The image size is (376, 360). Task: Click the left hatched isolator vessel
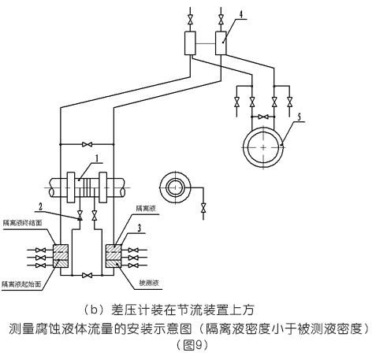[59, 254]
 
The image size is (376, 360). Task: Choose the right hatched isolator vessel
[112, 254]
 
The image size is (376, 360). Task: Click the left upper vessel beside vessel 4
[190, 43]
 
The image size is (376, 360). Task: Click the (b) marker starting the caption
[93, 308]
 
